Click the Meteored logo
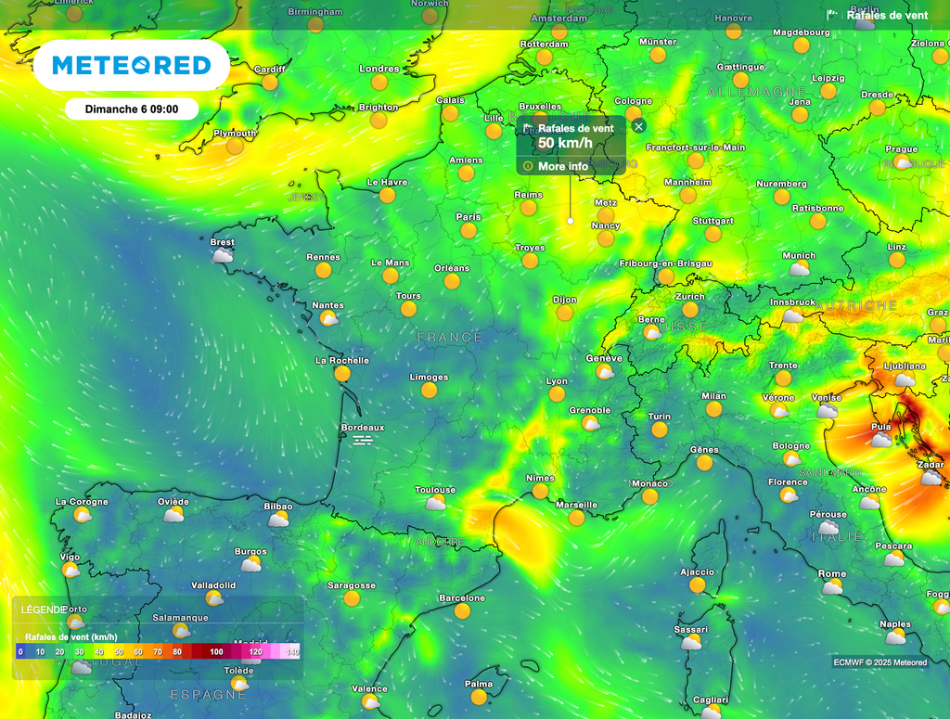pos(131,65)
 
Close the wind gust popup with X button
pos(637,126)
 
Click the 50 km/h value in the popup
pos(565,143)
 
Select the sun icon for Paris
pos(469,230)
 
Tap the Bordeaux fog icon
pos(363,441)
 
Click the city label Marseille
pos(576,506)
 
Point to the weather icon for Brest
pos(223,255)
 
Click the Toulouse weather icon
pos(435,503)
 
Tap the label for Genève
pos(604,359)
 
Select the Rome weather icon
pos(832,587)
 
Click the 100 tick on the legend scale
pos(216,652)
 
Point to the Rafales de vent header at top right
pos(887,15)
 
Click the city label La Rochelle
pos(342,360)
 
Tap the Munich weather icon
pos(799,269)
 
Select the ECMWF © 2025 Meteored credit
pos(879,662)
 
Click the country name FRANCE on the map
pos(450,338)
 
